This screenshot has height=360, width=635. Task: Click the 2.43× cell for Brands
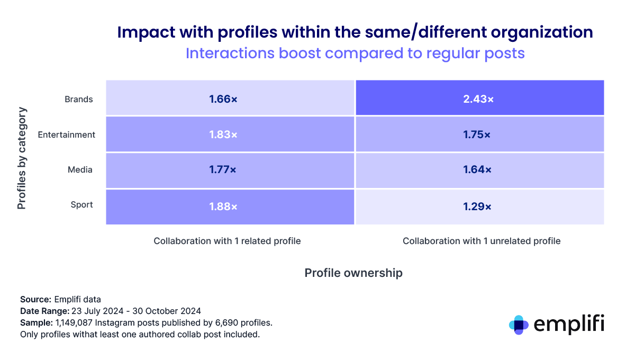coord(479,98)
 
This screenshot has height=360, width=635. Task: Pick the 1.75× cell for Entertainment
coord(479,134)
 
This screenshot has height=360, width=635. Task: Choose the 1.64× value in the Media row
coord(479,170)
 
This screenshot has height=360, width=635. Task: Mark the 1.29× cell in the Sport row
coord(479,206)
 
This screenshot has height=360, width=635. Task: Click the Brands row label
coord(78,99)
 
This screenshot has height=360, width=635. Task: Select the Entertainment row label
coord(67,134)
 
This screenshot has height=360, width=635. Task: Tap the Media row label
coord(80,170)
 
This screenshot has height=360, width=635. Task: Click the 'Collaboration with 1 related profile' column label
coord(227,241)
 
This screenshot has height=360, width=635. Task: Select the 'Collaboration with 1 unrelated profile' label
coord(481,241)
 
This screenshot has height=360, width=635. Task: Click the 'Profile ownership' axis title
coord(353,273)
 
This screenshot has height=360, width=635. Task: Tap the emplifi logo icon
coord(518,325)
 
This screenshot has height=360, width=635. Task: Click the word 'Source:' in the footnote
coord(35,299)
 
